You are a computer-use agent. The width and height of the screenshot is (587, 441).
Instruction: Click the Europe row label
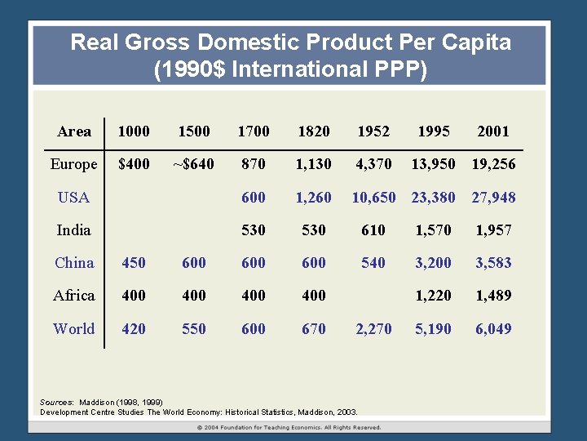coord(73,164)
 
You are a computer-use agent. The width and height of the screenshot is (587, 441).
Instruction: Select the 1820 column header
coord(314,131)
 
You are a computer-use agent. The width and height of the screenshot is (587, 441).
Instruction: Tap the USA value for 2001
coord(493,197)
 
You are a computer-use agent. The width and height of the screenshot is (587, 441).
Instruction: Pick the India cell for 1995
coord(433,230)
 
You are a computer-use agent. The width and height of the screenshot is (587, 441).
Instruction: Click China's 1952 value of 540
coord(373,263)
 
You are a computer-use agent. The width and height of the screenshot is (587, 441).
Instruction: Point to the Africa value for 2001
coord(493,296)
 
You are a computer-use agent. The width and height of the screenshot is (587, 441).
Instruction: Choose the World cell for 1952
coord(373,329)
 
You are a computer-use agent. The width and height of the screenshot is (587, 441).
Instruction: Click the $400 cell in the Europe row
coord(134,164)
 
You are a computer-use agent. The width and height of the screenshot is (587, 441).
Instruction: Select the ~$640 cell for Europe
coord(193,164)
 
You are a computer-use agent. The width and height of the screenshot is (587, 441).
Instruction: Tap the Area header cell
coord(74,131)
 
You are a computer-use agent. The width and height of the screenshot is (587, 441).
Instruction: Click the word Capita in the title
coord(473,42)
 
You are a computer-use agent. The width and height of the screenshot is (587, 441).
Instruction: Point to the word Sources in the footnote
coord(56,402)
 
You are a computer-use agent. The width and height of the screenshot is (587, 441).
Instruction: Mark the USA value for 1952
coord(373,197)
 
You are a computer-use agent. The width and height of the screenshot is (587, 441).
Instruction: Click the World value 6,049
coord(493,329)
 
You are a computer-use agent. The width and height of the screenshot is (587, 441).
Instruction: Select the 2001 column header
coord(493,131)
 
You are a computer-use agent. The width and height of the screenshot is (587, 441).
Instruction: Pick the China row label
coord(74,263)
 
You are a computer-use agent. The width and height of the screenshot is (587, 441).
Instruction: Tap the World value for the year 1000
coord(134,329)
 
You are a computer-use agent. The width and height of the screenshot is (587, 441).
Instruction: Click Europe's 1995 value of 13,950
coord(433,164)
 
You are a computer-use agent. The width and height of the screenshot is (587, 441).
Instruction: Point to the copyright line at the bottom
coord(289,427)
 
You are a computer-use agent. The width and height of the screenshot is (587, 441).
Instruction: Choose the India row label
coord(73,230)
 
